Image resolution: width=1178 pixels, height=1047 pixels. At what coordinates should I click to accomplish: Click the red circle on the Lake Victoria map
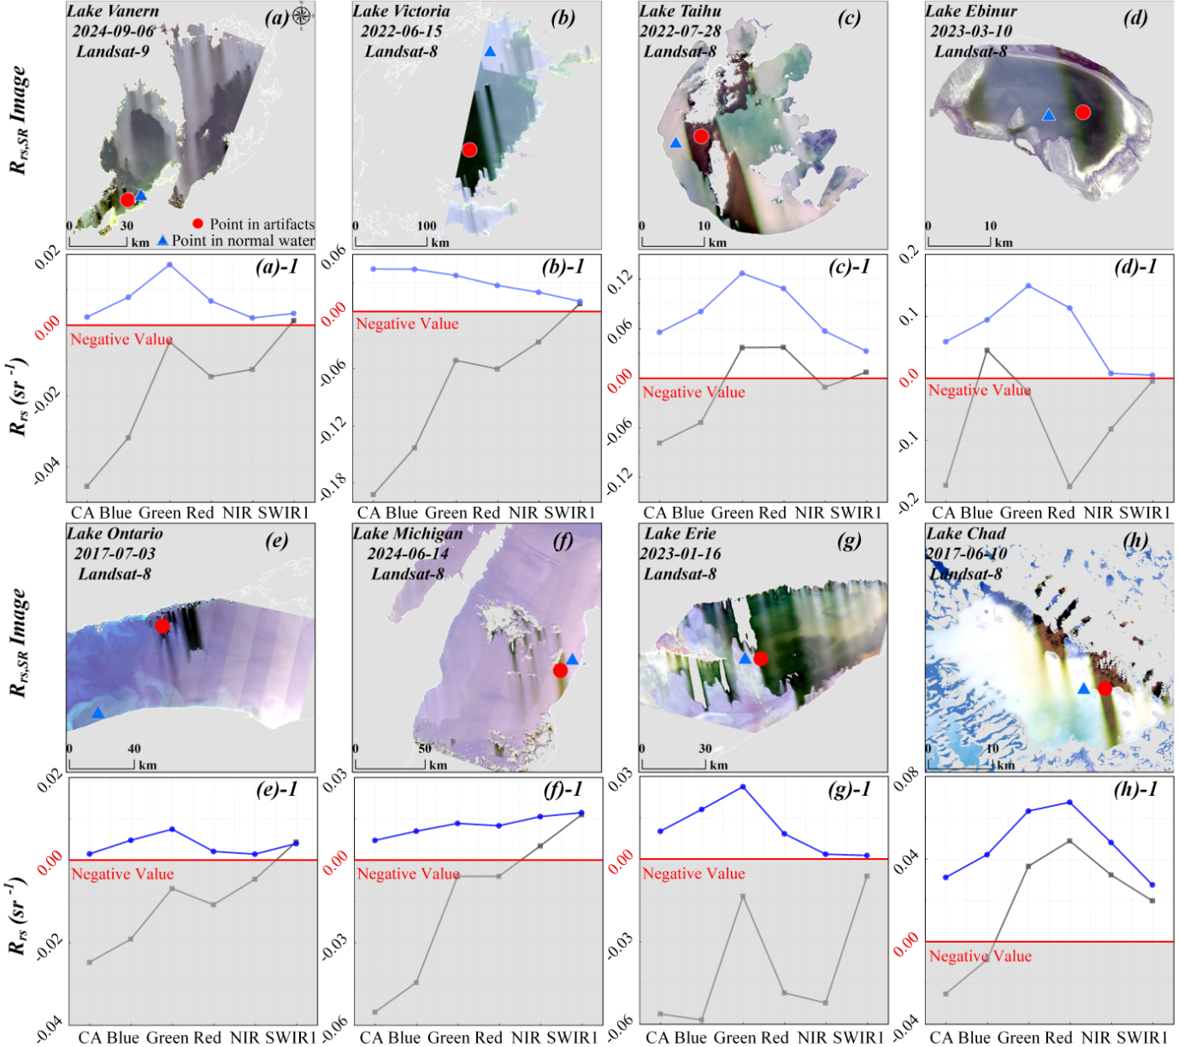[469, 150]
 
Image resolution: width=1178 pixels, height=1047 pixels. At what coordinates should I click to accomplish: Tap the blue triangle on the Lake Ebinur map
[1048, 115]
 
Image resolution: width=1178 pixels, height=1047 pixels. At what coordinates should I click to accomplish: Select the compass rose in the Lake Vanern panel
[301, 15]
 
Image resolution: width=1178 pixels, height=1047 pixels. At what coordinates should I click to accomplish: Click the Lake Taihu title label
[680, 11]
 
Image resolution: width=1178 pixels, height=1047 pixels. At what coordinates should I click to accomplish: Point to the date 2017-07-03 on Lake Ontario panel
[115, 553]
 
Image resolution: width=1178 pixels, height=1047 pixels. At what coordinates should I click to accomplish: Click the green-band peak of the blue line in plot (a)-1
[169, 265]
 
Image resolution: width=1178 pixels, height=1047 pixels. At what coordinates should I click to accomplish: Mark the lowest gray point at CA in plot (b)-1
[373, 494]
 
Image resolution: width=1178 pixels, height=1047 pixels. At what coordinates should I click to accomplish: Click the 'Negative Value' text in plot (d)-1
[979, 391]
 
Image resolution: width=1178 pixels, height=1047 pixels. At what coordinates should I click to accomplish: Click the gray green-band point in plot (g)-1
[742, 896]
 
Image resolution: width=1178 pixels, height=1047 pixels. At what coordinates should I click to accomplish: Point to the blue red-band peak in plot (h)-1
[1069, 803]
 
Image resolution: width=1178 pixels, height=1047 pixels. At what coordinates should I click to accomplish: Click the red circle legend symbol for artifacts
[197, 224]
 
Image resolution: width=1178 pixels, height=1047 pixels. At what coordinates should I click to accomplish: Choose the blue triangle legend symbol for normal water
[162, 240]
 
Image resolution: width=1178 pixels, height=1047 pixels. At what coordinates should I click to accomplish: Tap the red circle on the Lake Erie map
[761, 658]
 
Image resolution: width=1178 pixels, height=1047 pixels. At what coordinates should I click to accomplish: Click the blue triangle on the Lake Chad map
[1083, 689]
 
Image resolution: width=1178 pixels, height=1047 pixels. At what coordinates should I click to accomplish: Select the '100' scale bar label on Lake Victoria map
[427, 226]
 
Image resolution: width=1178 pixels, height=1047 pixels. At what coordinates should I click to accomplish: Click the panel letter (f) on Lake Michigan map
[562, 541]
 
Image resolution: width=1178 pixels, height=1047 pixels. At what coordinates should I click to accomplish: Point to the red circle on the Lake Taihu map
[701, 136]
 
